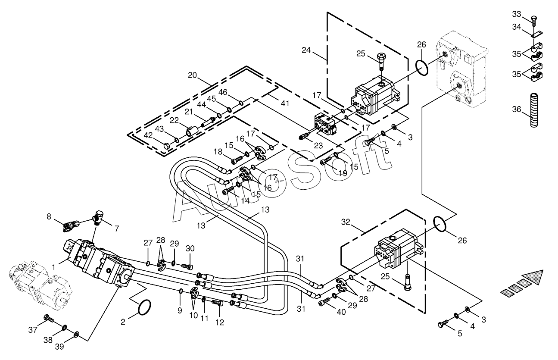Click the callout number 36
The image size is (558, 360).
(517, 109)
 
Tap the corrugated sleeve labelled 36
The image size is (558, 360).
(534, 110)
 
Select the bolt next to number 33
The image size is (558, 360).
(533, 21)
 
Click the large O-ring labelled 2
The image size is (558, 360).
(144, 307)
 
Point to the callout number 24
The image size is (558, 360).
(306, 50)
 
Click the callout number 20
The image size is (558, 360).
(192, 75)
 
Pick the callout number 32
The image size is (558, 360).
(346, 222)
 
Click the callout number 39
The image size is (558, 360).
(59, 347)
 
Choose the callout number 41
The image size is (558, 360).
(285, 103)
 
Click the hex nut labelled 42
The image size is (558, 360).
(167, 146)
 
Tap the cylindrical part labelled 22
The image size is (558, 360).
(193, 131)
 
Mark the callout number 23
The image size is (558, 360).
(318, 145)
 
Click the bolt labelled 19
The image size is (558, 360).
(327, 160)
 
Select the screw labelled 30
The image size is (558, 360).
(187, 266)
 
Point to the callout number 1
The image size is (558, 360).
(53, 267)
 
